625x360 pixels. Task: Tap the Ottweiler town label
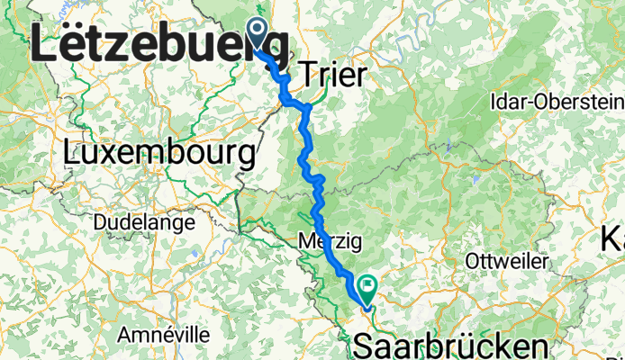pos(509,260)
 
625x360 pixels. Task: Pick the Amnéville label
pos(164,335)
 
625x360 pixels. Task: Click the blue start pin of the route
pos(257,34)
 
